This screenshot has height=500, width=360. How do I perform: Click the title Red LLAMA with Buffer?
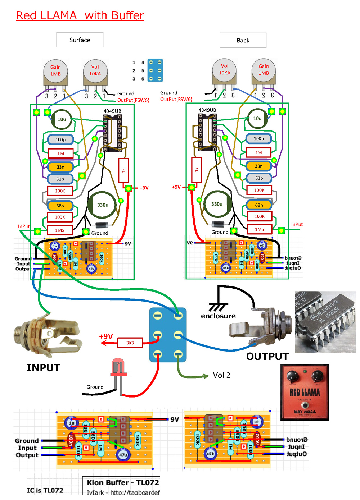click(x=80, y=15)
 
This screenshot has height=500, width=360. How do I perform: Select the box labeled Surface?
click(x=80, y=40)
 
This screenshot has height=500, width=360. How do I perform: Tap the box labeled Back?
click(x=243, y=40)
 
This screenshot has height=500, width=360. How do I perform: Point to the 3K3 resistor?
click(x=130, y=343)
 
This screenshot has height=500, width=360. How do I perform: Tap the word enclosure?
click(x=218, y=316)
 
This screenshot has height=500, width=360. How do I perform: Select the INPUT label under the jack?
click(x=43, y=368)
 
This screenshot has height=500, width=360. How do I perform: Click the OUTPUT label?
click(x=267, y=356)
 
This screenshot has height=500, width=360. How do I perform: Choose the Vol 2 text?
click(x=221, y=375)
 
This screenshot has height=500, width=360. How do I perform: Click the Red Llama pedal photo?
click(x=305, y=392)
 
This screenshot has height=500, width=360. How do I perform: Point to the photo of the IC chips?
click(x=325, y=322)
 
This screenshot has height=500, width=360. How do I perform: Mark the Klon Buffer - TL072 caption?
click(x=123, y=482)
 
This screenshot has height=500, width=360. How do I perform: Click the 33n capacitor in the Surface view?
click(x=60, y=167)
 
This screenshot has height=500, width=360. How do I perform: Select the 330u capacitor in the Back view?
click(x=217, y=204)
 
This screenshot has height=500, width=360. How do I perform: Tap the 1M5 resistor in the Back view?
click(x=260, y=229)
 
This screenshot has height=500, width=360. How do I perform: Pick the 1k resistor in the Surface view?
click(x=123, y=170)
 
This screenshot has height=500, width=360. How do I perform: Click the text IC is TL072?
click(x=45, y=490)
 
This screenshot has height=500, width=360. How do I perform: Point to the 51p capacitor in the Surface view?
click(x=60, y=179)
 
